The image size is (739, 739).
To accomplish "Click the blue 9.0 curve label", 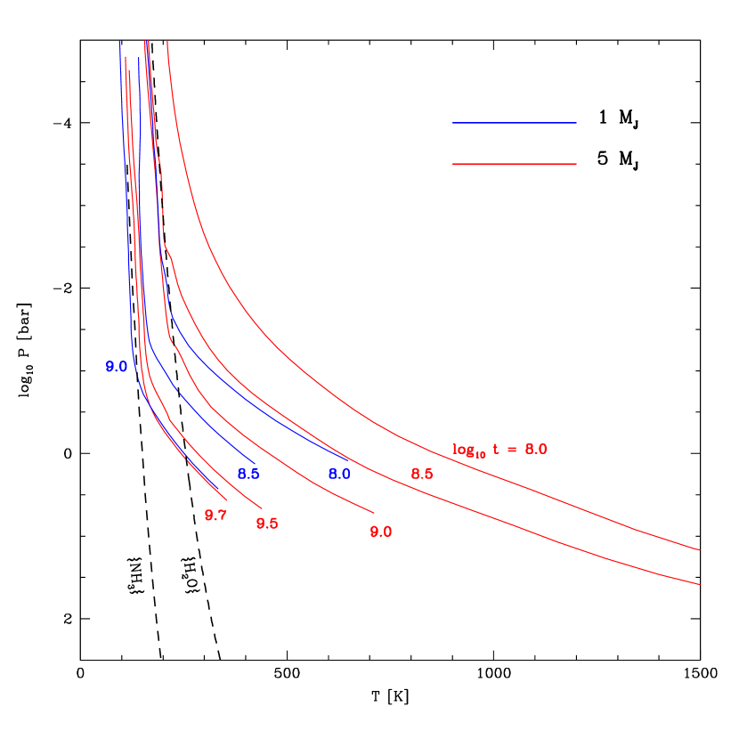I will tap(117, 367).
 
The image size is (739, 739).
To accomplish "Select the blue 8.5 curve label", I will tap(248, 474).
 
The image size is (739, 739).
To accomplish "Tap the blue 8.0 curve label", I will tap(339, 474).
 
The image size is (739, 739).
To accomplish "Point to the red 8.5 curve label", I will tap(422, 474).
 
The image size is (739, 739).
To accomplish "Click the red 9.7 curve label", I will tap(215, 516).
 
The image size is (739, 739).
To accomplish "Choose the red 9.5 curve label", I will tap(267, 524).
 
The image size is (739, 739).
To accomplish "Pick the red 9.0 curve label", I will tap(381, 532).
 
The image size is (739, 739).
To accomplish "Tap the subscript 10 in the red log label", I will tap(481, 454).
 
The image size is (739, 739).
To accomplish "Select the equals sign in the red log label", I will tap(511, 450).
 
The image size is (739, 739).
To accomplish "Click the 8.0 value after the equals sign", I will tap(536, 449).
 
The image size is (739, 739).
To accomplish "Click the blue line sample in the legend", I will tap(514, 123).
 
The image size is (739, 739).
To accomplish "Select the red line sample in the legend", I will tap(514, 164).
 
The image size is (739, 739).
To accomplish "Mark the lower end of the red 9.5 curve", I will tap(262, 509).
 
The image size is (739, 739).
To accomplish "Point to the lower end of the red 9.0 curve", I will tap(374, 513).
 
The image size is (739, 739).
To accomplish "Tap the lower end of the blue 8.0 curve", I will tap(349, 459).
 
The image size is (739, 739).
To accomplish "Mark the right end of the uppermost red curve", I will tap(700, 550).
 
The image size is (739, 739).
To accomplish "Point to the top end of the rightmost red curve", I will tap(167, 41).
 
